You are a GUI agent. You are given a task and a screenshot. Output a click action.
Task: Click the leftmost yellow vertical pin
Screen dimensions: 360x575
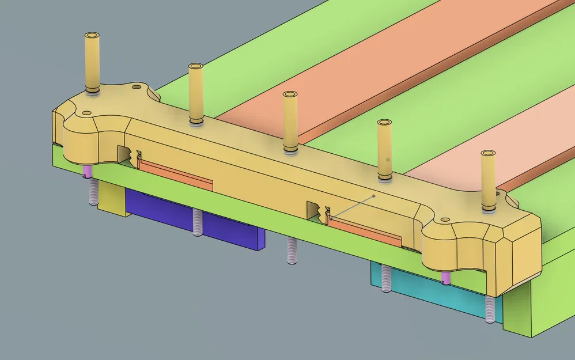(x=92, y=63)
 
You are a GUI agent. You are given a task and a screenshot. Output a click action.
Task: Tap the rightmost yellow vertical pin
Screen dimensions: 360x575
(x=489, y=179)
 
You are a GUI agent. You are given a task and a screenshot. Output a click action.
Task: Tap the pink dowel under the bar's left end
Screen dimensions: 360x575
(x=88, y=171)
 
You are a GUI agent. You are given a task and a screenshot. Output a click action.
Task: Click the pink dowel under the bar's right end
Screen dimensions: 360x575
(x=445, y=279)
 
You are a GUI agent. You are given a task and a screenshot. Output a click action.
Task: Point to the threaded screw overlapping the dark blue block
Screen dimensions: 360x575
(x=198, y=222)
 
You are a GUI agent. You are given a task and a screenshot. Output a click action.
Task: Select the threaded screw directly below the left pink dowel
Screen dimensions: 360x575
(x=92, y=191)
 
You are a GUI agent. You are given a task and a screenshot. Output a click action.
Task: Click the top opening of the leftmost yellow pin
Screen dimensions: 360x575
(x=92, y=36)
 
